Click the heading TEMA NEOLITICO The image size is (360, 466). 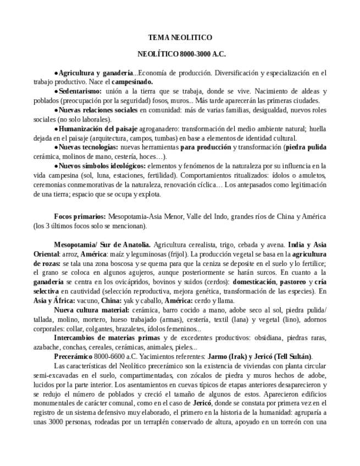180,37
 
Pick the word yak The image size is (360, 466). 111,300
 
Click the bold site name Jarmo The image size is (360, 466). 223,357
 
